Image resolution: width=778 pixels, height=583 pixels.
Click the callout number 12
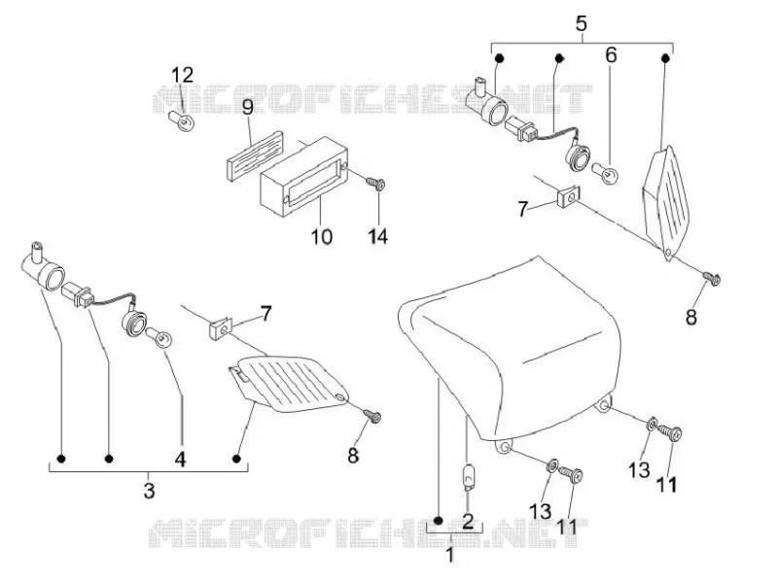coord(182,76)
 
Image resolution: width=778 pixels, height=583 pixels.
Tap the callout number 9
coord(248,107)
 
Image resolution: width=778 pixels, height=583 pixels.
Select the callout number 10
coord(322,236)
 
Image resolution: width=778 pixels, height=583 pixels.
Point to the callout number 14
coord(378,236)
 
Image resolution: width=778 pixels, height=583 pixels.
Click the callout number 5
coord(582,23)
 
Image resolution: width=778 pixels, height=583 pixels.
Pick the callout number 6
coord(611,55)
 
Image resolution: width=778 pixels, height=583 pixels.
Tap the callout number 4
coord(180,459)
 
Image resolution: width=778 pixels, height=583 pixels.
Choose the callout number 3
coord(149,491)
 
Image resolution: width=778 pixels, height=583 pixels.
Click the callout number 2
coord(468,522)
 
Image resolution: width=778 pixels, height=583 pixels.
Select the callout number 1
coord(450,555)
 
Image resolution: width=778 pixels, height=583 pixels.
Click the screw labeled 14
coord(376,184)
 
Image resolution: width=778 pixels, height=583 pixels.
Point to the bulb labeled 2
coord(468,478)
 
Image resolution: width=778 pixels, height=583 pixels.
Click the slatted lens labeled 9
coord(253,150)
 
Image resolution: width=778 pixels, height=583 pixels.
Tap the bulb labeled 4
coord(159,338)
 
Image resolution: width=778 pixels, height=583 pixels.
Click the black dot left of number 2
coord(439,521)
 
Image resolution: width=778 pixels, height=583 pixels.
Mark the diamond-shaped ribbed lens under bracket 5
coord(666,203)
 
